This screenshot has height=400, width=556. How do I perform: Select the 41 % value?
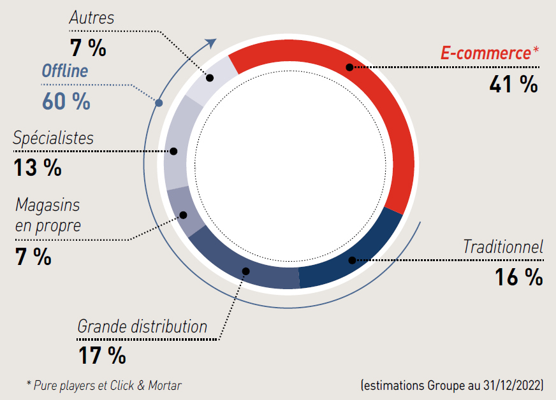click(513, 84)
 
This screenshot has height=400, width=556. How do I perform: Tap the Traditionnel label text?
click(502, 246)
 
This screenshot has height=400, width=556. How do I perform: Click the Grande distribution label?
click(142, 327)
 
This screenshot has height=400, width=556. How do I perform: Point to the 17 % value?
click(102, 355)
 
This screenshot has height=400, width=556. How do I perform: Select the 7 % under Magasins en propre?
click(33, 256)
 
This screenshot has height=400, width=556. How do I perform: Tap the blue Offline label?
click(64, 71)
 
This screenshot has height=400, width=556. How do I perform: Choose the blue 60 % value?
click(66, 101)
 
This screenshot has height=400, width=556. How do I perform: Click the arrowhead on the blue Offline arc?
click(211, 43)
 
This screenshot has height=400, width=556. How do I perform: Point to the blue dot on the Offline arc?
click(159, 103)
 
